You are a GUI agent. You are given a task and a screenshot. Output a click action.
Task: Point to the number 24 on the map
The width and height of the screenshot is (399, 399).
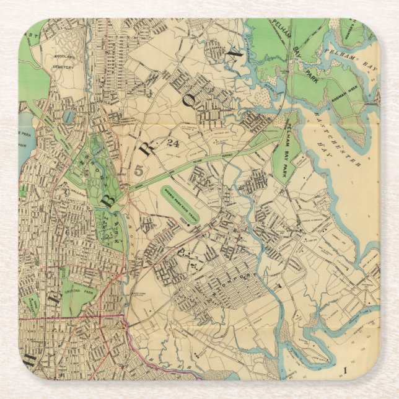[x=172, y=144]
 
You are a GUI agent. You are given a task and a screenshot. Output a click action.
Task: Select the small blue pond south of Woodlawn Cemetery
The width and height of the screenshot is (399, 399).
[x=68, y=116]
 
